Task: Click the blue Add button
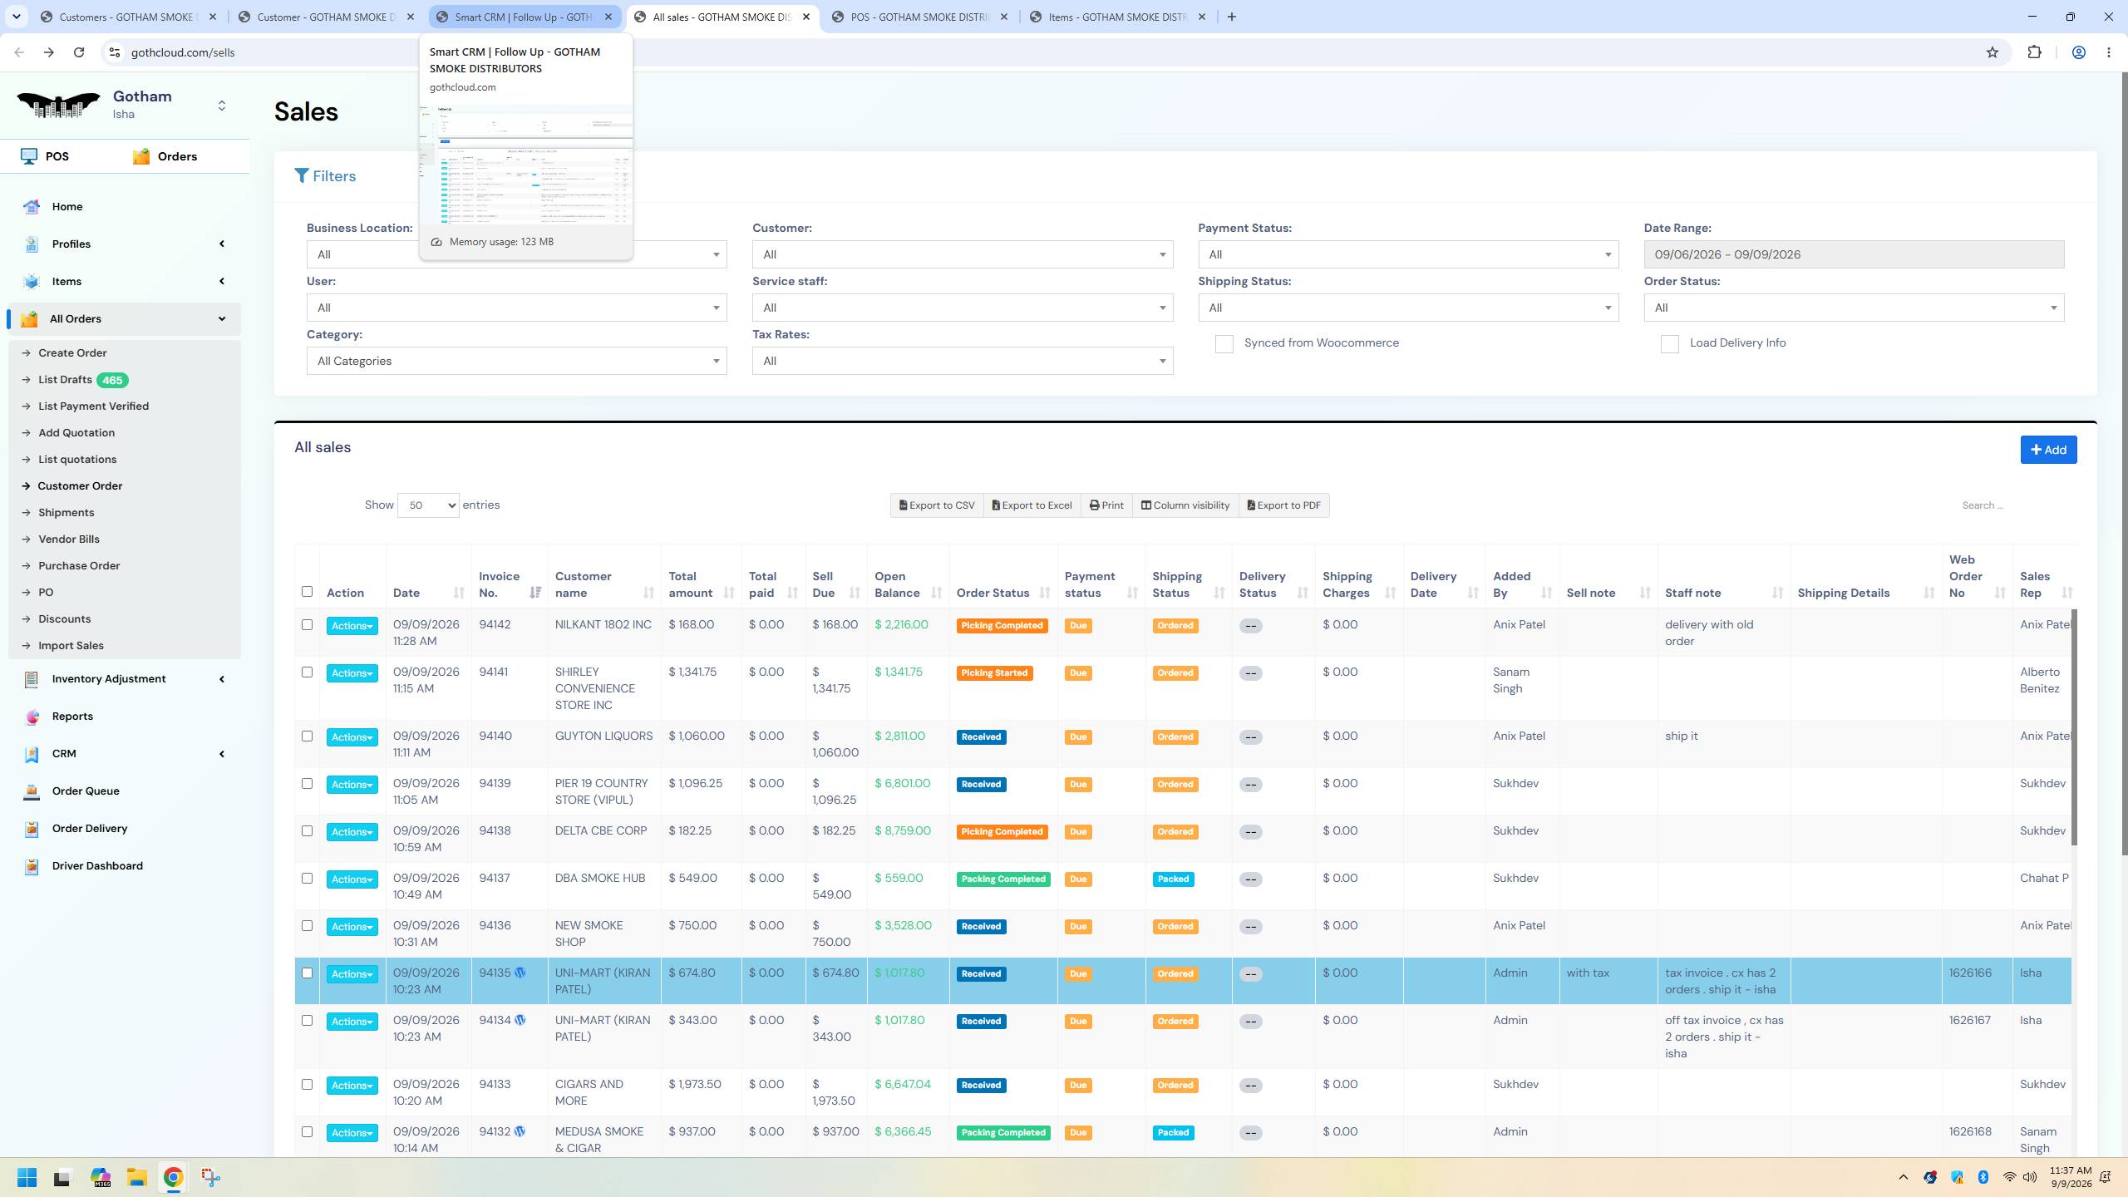(x=2048, y=450)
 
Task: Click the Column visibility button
(x=1185, y=505)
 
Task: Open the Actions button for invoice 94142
(x=352, y=626)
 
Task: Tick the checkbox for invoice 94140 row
(x=307, y=736)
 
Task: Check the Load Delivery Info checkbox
(x=1669, y=343)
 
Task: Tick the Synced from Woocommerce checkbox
(x=1224, y=343)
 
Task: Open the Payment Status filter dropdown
(x=1408, y=254)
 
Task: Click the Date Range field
(x=1854, y=254)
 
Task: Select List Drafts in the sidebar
(x=65, y=380)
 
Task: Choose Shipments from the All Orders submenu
(x=66, y=513)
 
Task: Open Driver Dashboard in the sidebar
(x=97, y=866)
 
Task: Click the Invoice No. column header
(x=499, y=584)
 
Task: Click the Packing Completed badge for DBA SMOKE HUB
(x=1003, y=879)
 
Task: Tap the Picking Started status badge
(x=994, y=673)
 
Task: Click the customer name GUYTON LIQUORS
(x=603, y=736)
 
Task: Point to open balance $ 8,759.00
(x=902, y=831)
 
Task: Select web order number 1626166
(x=1970, y=973)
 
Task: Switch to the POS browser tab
(x=921, y=17)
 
